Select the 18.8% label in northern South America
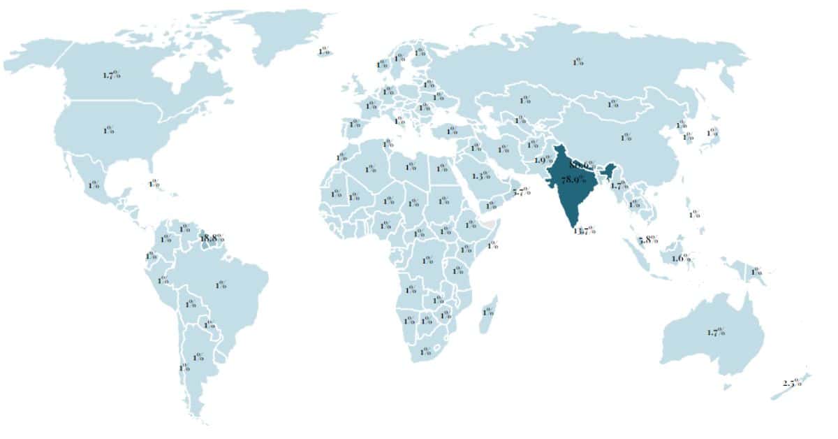click(x=212, y=238)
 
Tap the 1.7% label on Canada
click(x=111, y=74)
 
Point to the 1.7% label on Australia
click(x=716, y=332)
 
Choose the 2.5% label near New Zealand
click(x=793, y=383)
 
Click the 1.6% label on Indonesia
click(x=681, y=259)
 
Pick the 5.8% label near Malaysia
click(x=649, y=240)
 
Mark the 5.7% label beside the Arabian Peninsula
click(x=521, y=192)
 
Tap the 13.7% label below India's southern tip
click(x=584, y=230)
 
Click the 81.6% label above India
click(x=582, y=165)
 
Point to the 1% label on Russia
click(x=578, y=62)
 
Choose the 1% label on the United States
click(x=109, y=130)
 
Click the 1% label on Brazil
click(x=221, y=285)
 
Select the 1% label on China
click(x=626, y=137)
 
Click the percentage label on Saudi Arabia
click(x=481, y=175)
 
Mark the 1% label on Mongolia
click(x=612, y=104)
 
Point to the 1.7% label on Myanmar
click(x=617, y=185)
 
